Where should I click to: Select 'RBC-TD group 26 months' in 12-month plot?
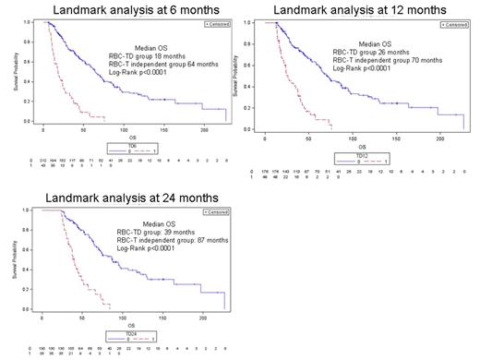(367, 52)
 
